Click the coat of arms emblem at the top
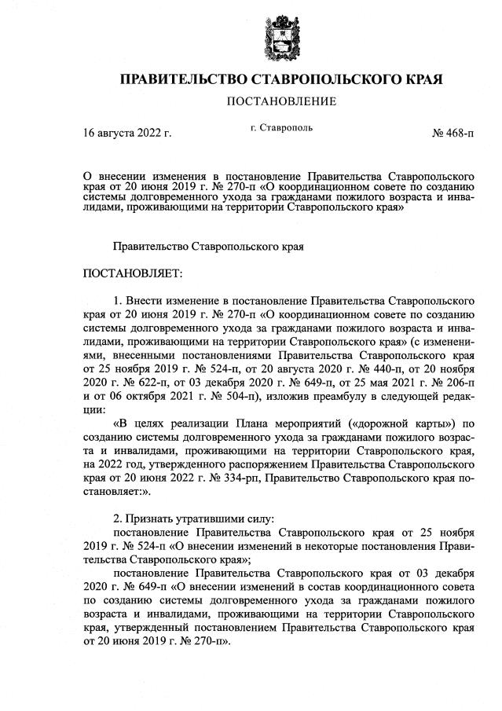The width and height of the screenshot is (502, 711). coord(278,35)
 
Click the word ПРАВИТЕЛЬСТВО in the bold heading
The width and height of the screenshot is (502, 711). coord(178,80)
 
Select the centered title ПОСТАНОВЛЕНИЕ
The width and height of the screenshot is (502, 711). coord(280,101)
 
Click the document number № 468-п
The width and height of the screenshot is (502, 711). coord(453,133)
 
